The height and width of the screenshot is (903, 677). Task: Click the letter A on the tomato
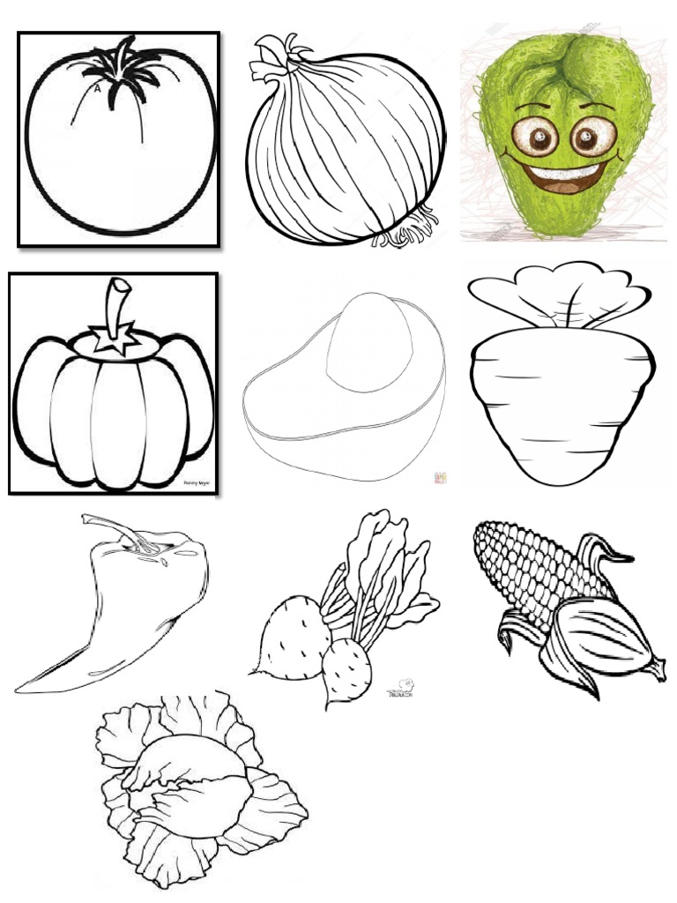click(x=96, y=89)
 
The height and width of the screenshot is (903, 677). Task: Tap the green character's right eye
click(x=585, y=137)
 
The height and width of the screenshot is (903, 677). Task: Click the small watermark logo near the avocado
click(x=438, y=478)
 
